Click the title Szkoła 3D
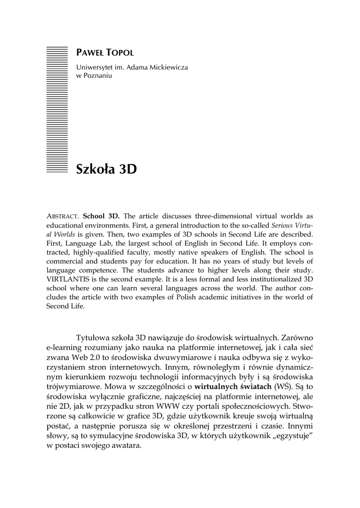(x=106, y=170)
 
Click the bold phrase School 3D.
(x=101, y=216)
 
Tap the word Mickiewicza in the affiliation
(x=165, y=67)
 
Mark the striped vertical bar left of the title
(x=56, y=109)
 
